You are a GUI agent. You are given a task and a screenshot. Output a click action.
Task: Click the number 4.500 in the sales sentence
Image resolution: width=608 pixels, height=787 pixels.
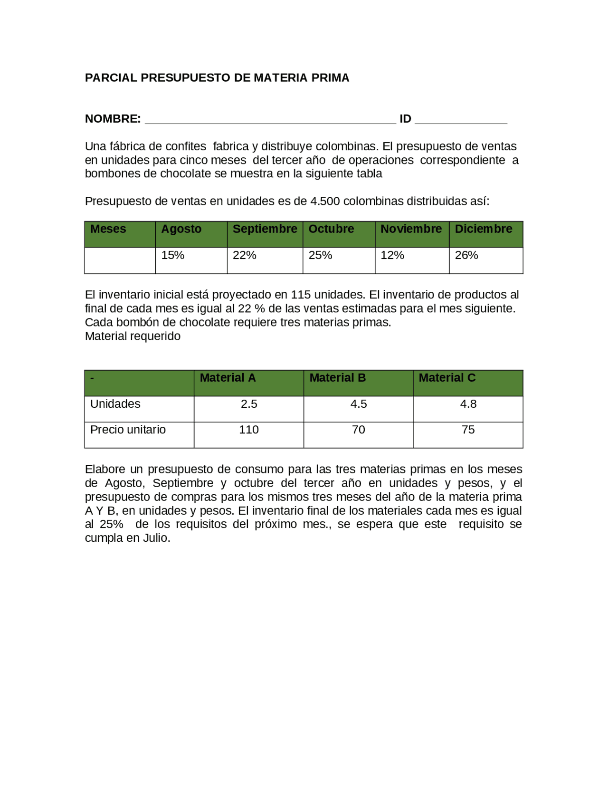pyautogui.click(x=325, y=202)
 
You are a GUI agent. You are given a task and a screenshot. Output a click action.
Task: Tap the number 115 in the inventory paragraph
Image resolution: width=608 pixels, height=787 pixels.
pyautogui.click(x=301, y=295)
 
